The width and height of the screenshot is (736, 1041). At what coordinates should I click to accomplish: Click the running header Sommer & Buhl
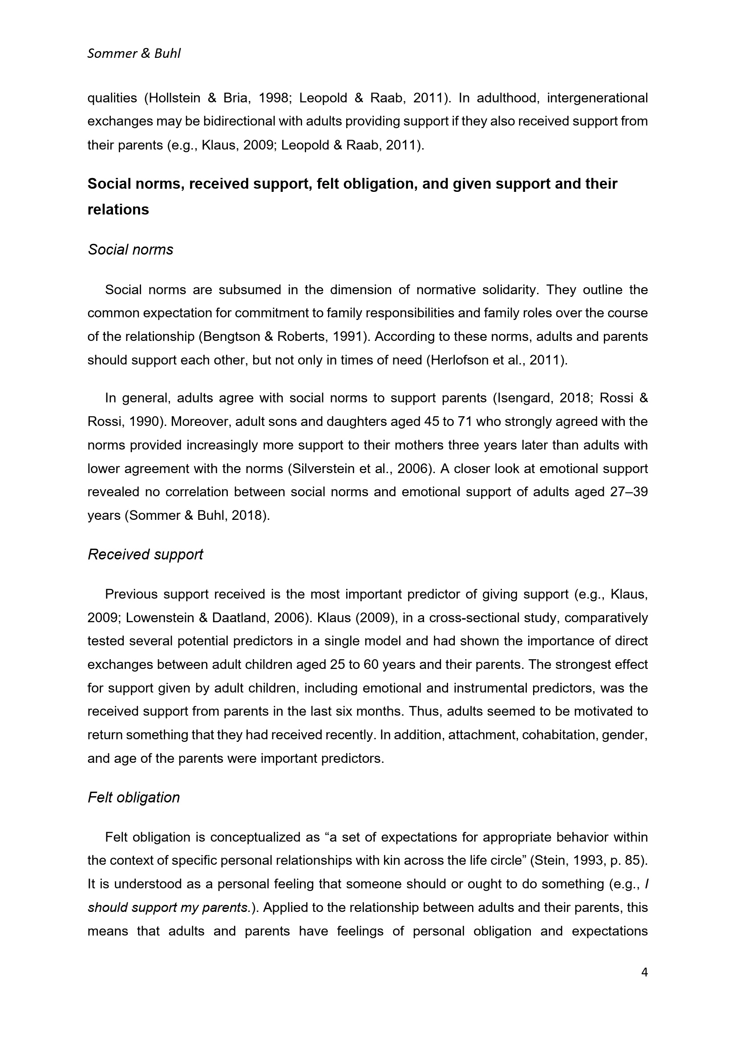(133, 54)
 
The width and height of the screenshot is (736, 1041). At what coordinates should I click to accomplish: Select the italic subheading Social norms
(130, 250)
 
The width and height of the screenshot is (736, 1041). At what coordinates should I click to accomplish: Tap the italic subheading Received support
(145, 555)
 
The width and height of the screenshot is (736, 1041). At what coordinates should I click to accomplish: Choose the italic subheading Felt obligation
(133, 798)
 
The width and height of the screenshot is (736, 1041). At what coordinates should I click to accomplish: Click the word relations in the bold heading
(118, 210)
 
